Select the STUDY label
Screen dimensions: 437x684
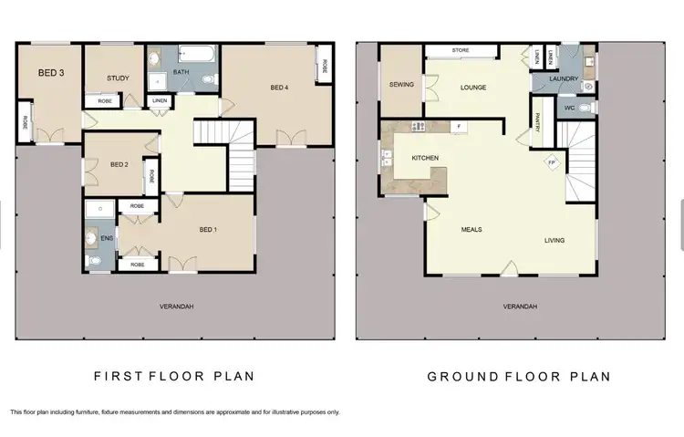(119, 78)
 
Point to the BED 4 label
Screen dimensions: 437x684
(279, 88)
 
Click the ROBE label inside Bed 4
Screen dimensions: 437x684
(323, 67)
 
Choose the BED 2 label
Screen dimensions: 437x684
(119, 165)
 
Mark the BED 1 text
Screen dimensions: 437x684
(208, 232)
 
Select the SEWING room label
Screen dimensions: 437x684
(401, 85)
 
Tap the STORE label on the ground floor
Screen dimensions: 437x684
(460, 50)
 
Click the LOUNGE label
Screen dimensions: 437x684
(472, 88)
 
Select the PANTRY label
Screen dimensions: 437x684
(540, 121)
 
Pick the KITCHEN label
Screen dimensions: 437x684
(425, 159)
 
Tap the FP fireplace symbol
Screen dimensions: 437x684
(550, 163)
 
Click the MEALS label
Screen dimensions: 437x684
(471, 230)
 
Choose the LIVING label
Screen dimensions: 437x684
(554, 241)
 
